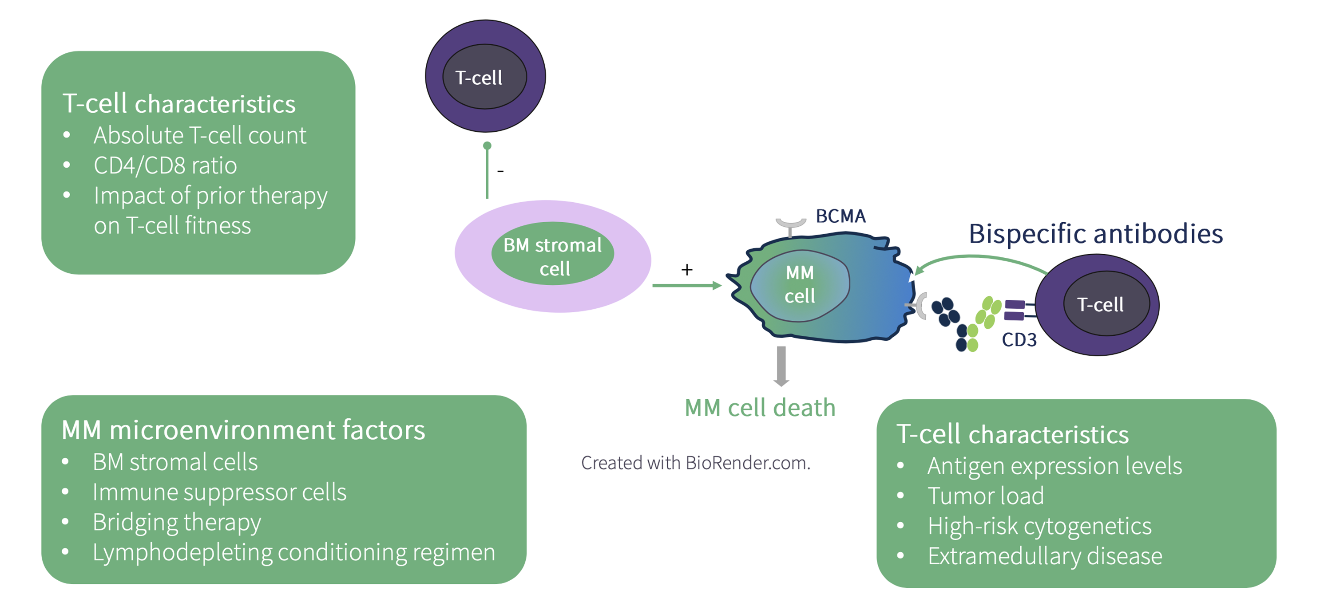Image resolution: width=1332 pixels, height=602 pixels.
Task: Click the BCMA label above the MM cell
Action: pos(840,216)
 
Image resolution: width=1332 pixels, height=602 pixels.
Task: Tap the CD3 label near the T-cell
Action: pos(1019,339)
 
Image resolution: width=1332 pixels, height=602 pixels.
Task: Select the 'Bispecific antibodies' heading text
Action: pos(1095,233)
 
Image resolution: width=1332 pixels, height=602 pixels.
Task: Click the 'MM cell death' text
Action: pos(760,408)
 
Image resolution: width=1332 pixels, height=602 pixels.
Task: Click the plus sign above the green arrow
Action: pos(687,270)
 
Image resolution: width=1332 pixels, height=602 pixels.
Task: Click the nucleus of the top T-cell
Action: pos(484,77)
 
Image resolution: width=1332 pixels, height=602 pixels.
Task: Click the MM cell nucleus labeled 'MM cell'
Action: pos(799,285)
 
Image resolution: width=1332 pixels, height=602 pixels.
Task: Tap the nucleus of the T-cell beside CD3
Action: pos(1106,304)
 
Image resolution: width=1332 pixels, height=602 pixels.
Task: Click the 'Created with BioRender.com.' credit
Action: pos(695,463)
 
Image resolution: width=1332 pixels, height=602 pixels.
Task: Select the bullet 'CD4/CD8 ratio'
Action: pos(165,166)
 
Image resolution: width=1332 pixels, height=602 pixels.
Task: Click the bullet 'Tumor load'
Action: pos(985,496)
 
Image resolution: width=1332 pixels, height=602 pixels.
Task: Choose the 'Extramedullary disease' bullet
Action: pos(1044,556)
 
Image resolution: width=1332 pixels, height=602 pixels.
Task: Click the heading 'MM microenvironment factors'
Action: pos(243,430)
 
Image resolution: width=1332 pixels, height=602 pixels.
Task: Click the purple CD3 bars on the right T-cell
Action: pos(1014,310)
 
